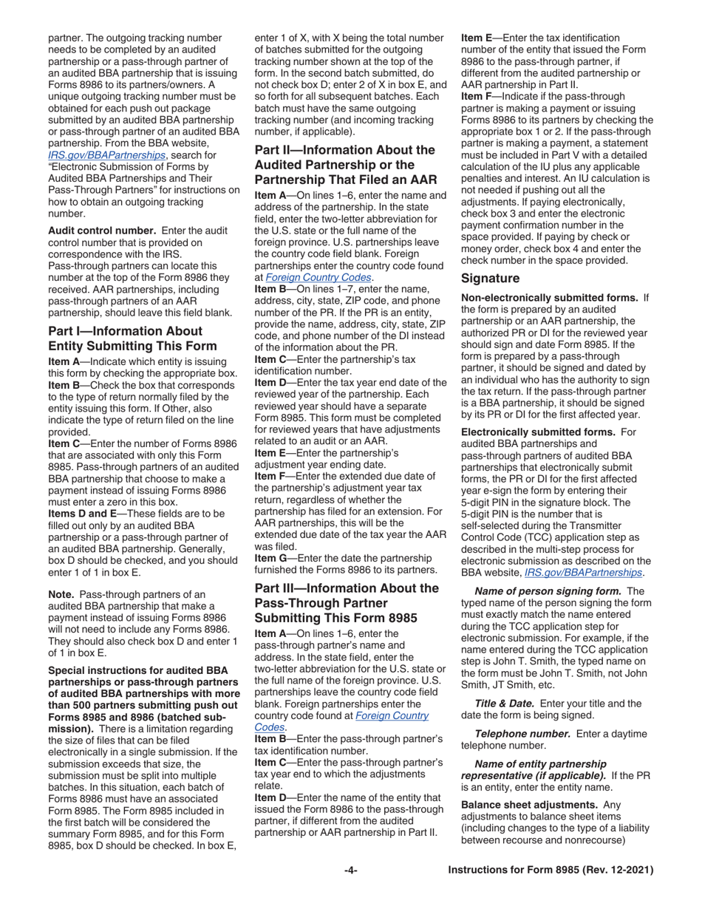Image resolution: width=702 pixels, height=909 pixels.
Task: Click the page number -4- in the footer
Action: tap(351, 871)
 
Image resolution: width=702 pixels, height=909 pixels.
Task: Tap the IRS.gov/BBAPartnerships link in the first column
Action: tap(106, 155)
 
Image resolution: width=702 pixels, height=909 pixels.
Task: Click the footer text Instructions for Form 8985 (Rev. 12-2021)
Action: tap(551, 871)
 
